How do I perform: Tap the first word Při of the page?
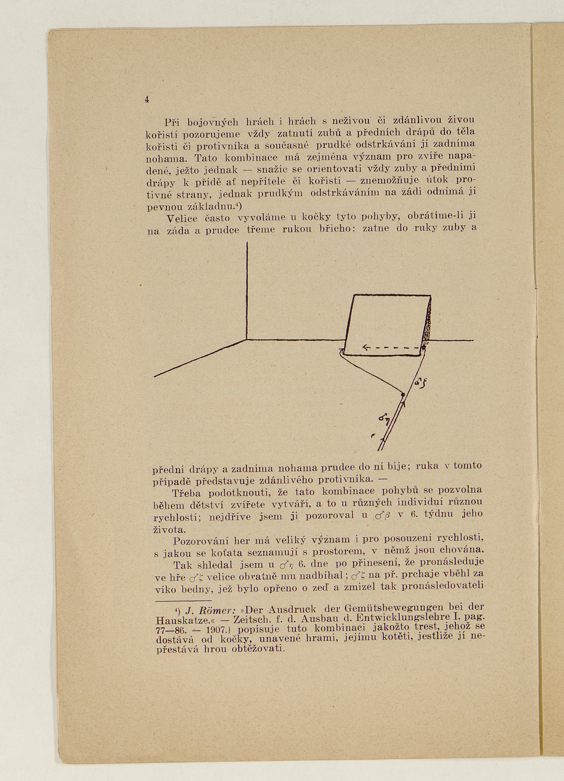(172, 122)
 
